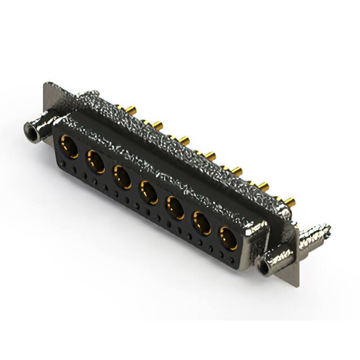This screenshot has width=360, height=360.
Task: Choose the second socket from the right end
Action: (x=202, y=223)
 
